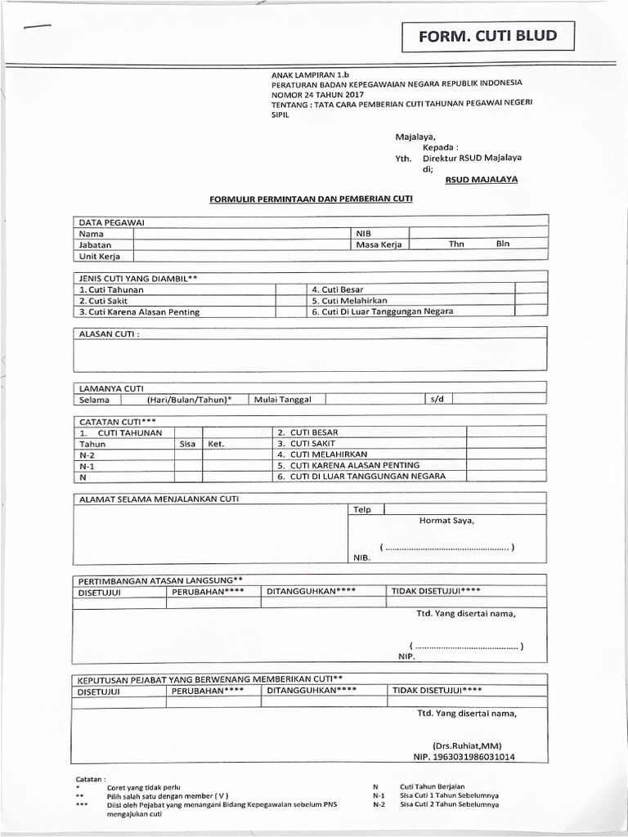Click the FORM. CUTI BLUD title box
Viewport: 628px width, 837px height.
pyautogui.click(x=487, y=36)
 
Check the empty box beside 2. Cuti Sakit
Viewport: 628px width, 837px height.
pyautogui.click(x=289, y=301)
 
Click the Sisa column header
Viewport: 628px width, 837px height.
pyautogui.click(x=188, y=445)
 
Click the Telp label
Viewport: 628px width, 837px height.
pyautogui.click(x=361, y=510)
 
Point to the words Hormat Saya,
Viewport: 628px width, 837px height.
pyautogui.click(x=446, y=521)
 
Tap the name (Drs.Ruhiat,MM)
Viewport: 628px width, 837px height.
pyautogui.click(x=466, y=745)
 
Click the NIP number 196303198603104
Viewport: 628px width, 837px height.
pyautogui.click(x=469, y=757)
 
